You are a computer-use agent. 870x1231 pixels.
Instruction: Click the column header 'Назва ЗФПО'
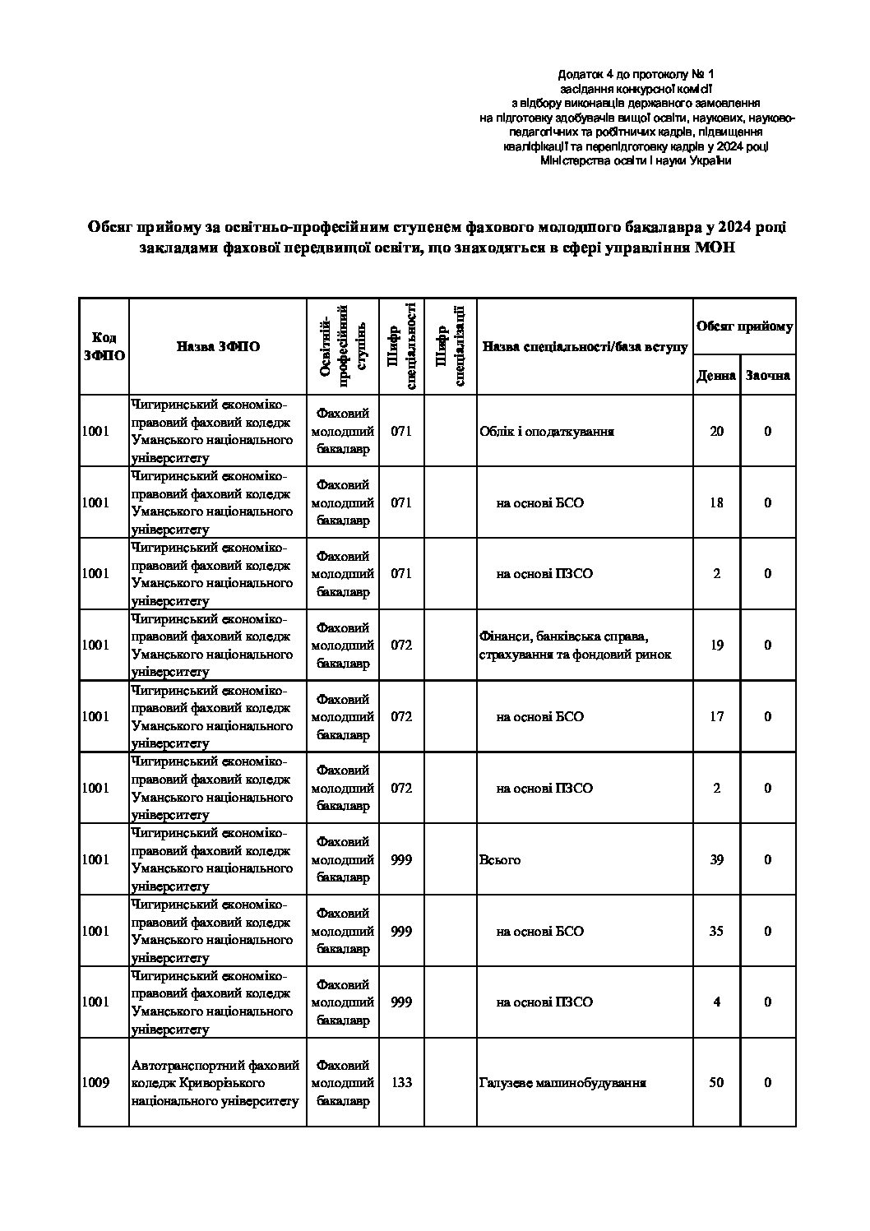[x=218, y=347]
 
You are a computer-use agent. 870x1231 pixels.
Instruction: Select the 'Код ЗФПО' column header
[x=104, y=347]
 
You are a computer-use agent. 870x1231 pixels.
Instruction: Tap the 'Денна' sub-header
[x=715, y=376]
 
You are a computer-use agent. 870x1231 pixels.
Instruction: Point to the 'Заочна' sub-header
[x=767, y=376]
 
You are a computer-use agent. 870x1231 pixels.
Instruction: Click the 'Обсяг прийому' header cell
[x=744, y=327]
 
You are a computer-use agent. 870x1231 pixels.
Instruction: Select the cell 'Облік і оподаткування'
[x=546, y=432]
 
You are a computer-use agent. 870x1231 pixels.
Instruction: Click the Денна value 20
[x=716, y=432]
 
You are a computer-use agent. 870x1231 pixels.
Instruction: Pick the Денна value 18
[x=716, y=502]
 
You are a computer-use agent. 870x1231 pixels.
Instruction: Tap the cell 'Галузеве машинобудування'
[x=562, y=1082]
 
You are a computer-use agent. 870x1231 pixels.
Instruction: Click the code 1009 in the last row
[x=96, y=1082]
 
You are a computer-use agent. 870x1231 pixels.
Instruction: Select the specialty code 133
[x=401, y=1082]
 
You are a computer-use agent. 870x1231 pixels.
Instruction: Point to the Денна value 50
[x=716, y=1082]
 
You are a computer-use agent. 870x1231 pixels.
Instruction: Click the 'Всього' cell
[x=499, y=860]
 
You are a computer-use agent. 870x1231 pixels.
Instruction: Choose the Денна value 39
[x=716, y=860]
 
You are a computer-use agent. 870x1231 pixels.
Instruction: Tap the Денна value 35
[x=716, y=931]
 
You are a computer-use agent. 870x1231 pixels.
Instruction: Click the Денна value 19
[x=716, y=646]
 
